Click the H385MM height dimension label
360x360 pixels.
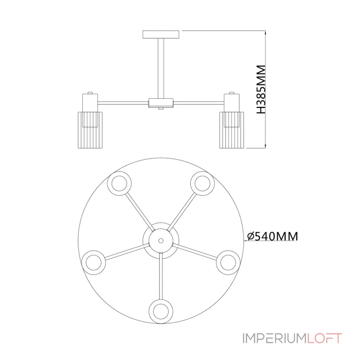[x=261, y=89]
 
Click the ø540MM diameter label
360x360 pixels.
[x=273, y=236]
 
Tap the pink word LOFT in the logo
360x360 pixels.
[x=324, y=338]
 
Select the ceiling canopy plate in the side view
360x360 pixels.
[x=161, y=35]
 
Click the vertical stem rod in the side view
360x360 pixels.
[x=161, y=68]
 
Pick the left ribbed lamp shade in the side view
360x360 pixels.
[x=90, y=130]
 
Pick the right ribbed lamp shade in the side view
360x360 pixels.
[x=231, y=130]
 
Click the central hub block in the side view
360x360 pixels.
[x=161, y=103]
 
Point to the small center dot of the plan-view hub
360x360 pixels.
[x=161, y=241]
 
